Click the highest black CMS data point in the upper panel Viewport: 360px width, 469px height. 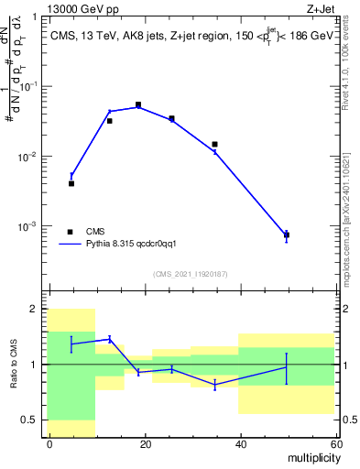pos(138,105)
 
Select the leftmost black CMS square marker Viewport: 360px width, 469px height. pos(71,183)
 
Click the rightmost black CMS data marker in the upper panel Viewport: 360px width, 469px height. pos(287,235)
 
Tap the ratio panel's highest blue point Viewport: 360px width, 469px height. pos(110,339)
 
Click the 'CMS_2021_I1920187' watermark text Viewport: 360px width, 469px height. pos(191,274)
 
